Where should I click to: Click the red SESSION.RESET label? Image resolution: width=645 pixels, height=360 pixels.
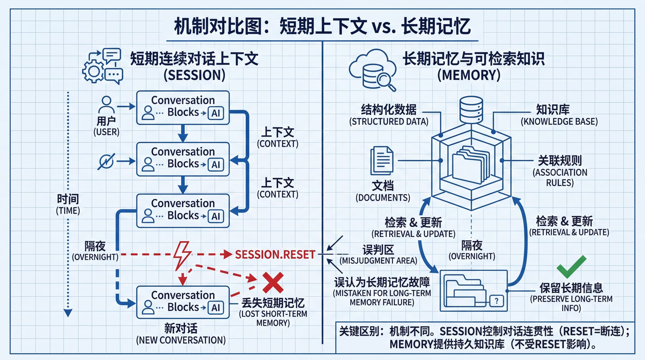coord(275,254)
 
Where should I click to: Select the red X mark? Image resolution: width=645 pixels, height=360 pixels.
coord(273,283)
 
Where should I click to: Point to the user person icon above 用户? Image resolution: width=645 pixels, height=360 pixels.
coord(106,105)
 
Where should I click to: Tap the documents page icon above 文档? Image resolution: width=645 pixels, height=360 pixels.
coord(382,161)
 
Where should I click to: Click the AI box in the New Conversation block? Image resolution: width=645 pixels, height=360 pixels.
coord(216,308)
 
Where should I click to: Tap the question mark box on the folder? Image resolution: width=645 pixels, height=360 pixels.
coord(496,301)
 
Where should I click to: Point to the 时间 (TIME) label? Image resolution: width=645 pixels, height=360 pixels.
coord(68,204)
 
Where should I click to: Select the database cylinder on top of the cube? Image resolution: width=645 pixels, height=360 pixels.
coord(471,110)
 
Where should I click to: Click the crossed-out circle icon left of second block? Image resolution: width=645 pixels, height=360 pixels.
coord(106,162)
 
